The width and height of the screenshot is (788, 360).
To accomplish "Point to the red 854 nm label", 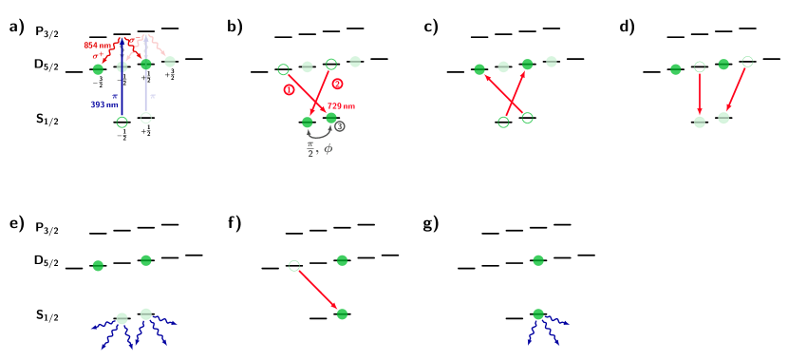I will pyautogui.click(x=97, y=46).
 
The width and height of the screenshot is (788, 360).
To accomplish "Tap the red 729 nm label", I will pyautogui.click(x=341, y=106).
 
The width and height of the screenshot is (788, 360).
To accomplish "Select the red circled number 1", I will pyautogui.click(x=289, y=89).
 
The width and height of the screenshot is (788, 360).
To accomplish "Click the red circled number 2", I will pyautogui.click(x=337, y=84).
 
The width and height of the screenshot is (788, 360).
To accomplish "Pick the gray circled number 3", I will pyautogui.click(x=340, y=126).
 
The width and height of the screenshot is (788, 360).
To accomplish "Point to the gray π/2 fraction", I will pyautogui.click(x=310, y=149).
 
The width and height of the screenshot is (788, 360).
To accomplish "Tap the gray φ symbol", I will pyautogui.click(x=328, y=148).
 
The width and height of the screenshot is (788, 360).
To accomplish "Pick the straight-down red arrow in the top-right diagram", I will pyautogui.click(x=700, y=93).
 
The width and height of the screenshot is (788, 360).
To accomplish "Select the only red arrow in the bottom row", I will pyautogui.click(x=318, y=290).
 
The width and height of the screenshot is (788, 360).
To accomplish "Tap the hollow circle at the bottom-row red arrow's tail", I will pyautogui.click(x=294, y=266).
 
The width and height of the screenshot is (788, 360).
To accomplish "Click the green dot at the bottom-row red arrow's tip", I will pyautogui.click(x=342, y=313).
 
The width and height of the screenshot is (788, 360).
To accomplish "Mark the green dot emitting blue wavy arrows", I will pyautogui.click(x=538, y=314).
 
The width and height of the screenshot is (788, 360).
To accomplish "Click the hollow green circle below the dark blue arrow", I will pyautogui.click(x=122, y=122).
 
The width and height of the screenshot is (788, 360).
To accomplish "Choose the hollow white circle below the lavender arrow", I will pyautogui.click(x=145, y=118).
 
